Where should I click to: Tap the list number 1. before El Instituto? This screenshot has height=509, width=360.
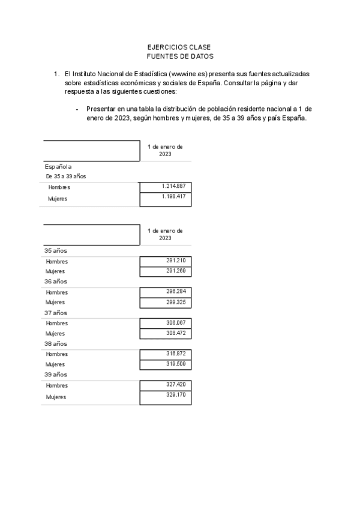[x=56, y=74]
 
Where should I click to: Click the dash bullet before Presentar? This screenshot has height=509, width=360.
[x=77, y=109]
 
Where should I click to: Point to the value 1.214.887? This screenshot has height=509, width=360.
[x=173, y=187]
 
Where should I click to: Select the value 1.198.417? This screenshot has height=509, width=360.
[x=173, y=197]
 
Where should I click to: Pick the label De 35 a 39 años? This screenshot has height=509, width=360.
[x=66, y=176]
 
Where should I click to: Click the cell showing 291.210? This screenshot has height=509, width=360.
[x=176, y=261]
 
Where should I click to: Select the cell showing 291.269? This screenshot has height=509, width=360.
[x=176, y=271]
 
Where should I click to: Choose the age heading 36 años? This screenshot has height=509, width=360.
[x=56, y=281]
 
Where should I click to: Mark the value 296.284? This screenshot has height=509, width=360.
[x=176, y=292]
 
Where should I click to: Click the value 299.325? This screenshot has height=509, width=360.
[x=176, y=302]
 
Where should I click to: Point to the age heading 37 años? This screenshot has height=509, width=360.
[x=56, y=313]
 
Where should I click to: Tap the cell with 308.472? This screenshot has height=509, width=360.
[x=176, y=333]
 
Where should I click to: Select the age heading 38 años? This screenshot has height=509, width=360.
[x=56, y=343]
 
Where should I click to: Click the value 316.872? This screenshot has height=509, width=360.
[x=176, y=354]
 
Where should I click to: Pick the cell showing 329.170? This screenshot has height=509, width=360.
[x=176, y=395]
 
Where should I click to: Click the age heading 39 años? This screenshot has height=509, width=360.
[x=56, y=375]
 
